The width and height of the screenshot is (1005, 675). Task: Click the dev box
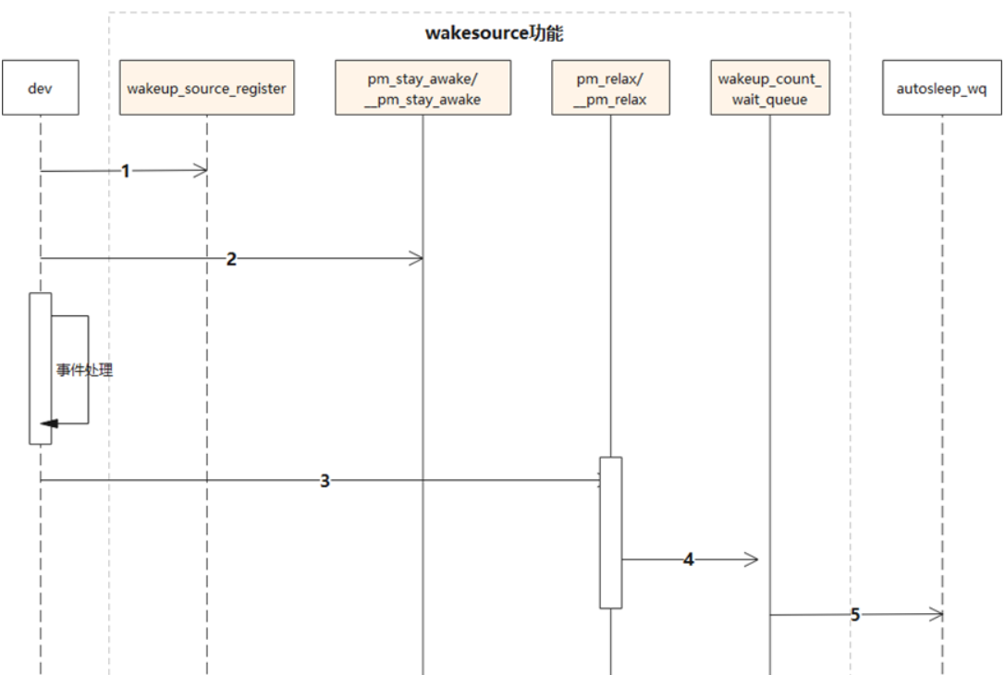click(x=41, y=88)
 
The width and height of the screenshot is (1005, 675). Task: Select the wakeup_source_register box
click(x=207, y=88)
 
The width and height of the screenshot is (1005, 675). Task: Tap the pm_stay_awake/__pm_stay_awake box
click(x=423, y=88)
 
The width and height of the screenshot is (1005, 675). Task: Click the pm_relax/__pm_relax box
click(x=609, y=88)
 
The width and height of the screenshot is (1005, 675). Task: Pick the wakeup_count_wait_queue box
click(x=768, y=88)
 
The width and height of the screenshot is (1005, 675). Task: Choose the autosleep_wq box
click(x=942, y=88)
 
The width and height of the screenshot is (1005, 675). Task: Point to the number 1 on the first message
click(x=126, y=171)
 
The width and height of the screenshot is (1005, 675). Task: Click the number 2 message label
click(x=231, y=259)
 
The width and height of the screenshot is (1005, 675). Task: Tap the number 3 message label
click(x=325, y=481)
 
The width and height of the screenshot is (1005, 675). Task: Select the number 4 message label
click(x=688, y=559)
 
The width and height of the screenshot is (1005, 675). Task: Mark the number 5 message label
click(x=854, y=615)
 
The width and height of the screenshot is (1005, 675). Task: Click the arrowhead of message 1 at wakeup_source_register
click(x=201, y=170)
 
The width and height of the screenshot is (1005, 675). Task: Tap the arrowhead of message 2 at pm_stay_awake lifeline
click(x=417, y=259)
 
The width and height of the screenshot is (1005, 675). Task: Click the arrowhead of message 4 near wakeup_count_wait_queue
click(x=753, y=559)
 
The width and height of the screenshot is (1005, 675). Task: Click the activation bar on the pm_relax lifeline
click(x=609, y=533)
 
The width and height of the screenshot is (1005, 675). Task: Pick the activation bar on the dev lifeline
click(x=41, y=368)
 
